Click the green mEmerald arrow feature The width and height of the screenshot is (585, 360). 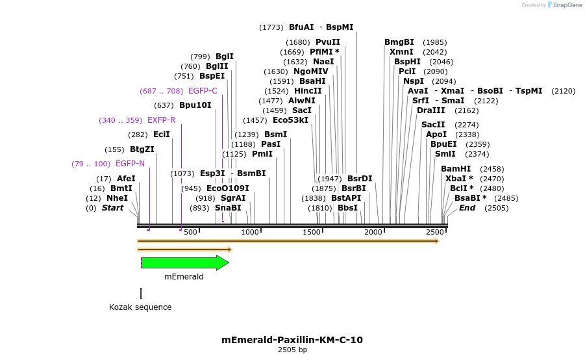pos(184,263)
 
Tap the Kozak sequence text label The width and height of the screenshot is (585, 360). pos(140,307)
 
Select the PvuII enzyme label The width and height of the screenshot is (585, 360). pos(328,42)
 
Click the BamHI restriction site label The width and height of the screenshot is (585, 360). pos(456,169)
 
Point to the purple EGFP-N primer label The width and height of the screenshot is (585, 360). pos(130,164)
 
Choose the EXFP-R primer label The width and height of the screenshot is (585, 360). pos(162,120)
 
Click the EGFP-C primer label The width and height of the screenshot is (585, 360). pos(203,91)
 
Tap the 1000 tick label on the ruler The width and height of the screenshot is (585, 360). pos(250,232)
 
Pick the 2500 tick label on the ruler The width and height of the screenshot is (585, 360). pos(434,232)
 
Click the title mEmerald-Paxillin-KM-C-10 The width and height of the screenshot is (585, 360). pos(292,340)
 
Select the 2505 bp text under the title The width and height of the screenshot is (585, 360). pos(292,350)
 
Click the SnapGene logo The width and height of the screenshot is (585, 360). pos(564,5)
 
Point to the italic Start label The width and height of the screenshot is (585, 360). pos(112,208)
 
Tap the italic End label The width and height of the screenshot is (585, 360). pos(467,208)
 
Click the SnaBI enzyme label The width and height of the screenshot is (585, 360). pos(228,208)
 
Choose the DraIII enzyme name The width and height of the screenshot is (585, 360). pos(430,110)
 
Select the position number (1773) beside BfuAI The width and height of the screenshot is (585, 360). pos(271,27)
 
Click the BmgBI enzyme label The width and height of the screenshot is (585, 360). pos(399,42)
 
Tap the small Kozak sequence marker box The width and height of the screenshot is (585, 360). pos(141,294)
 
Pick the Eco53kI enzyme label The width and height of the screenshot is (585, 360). pos(290,120)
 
